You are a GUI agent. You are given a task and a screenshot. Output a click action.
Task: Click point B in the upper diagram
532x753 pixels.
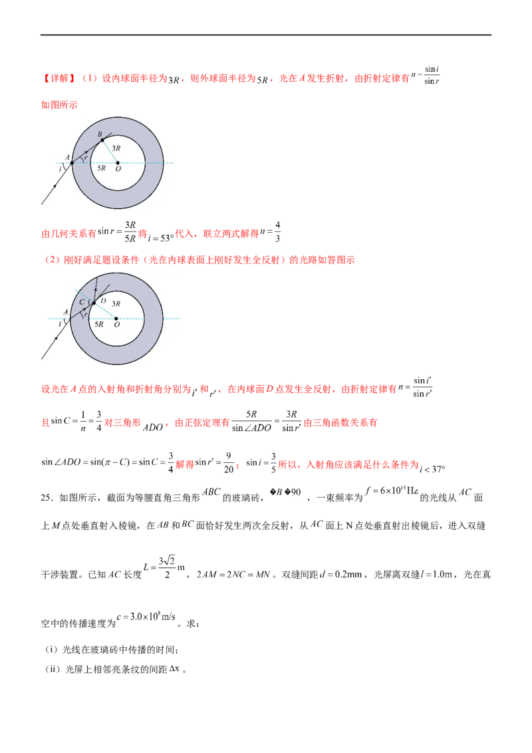click(x=102, y=140)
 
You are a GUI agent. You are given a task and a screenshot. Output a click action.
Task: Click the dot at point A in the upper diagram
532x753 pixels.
click(x=72, y=162)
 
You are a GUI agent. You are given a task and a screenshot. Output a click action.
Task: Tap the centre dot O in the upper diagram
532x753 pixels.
click(x=118, y=162)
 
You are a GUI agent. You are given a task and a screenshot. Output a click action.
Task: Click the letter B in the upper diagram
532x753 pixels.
click(x=99, y=134)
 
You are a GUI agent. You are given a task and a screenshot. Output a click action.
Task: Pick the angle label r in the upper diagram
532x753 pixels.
click(x=86, y=158)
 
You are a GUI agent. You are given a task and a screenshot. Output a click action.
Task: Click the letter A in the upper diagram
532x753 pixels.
click(x=67, y=157)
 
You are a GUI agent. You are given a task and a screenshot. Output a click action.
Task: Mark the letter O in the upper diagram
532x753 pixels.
click(x=118, y=170)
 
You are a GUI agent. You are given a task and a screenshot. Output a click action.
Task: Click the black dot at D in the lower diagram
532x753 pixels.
click(x=94, y=303)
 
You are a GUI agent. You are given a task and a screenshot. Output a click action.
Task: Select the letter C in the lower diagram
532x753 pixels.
click(x=82, y=301)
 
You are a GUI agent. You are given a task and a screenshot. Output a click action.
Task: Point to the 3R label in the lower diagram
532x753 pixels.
click(x=116, y=303)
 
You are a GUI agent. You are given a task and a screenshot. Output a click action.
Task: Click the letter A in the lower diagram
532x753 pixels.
click(x=65, y=311)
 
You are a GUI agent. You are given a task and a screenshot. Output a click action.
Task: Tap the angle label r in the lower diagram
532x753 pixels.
click(x=84, y=315)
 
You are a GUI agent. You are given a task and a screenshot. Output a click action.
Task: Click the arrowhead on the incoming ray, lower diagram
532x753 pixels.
click(x=56, y=338)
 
